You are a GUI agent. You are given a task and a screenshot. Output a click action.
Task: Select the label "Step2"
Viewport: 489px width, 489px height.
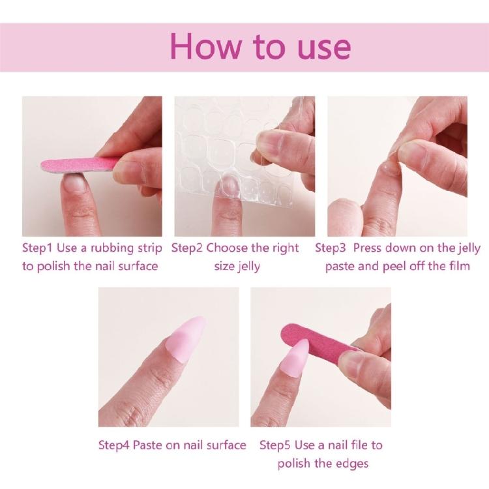190,248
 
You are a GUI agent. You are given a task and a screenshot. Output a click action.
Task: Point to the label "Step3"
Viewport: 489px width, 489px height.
334,248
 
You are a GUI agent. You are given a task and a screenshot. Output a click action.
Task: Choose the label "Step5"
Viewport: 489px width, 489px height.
276,445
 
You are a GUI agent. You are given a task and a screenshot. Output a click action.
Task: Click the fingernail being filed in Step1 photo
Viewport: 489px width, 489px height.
75,183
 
